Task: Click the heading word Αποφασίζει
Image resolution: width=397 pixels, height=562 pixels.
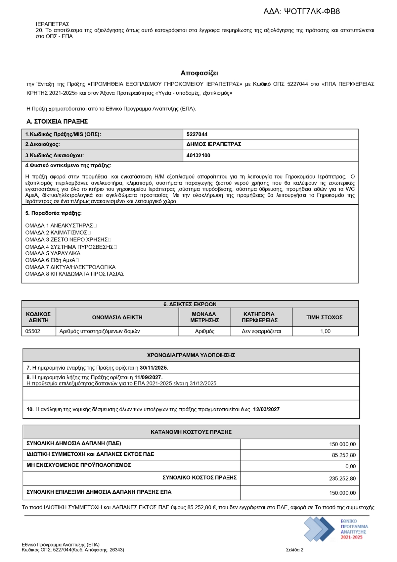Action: (x=199, y=73)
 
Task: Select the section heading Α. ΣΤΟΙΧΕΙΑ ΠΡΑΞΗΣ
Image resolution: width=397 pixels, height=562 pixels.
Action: (x=57, y=122)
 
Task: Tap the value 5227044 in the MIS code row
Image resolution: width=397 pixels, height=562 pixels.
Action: (x=197, y=134)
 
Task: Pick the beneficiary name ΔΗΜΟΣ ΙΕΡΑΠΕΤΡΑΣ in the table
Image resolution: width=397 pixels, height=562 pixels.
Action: (x=214, y=144)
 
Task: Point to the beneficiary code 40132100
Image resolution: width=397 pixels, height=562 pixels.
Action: (x=198, y=155)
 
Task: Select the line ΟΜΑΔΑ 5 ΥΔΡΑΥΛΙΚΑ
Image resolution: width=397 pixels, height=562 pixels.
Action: (x=53, y=253)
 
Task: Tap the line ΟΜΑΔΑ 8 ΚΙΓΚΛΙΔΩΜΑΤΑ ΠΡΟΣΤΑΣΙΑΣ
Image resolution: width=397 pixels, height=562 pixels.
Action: (x=74, y=274)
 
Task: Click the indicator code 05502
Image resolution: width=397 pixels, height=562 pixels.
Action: (x=33, y=331)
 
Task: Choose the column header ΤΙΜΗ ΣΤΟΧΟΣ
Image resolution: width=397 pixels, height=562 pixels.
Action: (x=324, y=317)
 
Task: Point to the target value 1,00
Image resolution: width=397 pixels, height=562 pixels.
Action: (x=325, y=331)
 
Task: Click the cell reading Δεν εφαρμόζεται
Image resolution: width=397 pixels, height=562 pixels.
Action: (x=261, y=331)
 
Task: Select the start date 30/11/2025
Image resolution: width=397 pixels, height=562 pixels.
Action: (x=154, y=368)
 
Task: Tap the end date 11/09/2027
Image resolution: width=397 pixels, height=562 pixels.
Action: (x=148, y=377)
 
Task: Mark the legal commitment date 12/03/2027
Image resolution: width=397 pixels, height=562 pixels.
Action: (x=266, y=409)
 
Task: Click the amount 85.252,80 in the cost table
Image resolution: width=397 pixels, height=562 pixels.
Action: (x=344, y=455)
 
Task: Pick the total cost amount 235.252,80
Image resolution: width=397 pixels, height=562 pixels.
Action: (x=342, y=478)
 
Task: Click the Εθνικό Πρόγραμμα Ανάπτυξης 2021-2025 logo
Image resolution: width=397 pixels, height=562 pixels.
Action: (x=336, y=529)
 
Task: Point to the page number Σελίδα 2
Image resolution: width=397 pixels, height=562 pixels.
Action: (x=294, y=550)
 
